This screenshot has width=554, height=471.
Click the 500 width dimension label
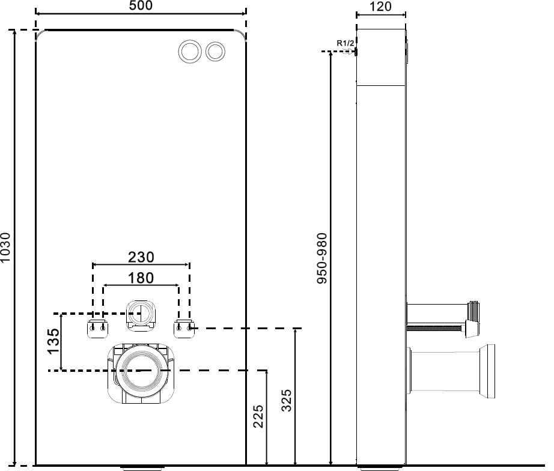(x=141, y=6)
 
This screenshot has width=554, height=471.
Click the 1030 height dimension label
(x=6, y=248)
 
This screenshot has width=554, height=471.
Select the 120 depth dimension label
(x=380, y=7)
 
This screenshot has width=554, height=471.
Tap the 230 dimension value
(x=141, y=257)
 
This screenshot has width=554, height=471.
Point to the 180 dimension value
(x=141, y=278)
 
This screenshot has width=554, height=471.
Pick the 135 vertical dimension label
(x=54, y=341)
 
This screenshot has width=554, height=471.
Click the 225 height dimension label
(x=258, y=416)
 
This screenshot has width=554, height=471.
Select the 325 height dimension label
(x=287, y=400)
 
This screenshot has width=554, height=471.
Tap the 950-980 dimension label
(x=323, y=258)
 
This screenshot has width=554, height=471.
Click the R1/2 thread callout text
(x=345, y=43)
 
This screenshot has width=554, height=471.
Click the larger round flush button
(x=191, y=51)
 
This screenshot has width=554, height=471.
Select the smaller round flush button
(x=215, y=51)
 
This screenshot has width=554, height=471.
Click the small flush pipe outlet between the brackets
(x=142, y=313)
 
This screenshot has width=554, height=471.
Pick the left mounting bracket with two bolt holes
(x=98, y=329)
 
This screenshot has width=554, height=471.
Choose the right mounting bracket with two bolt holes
(x=184, y=329)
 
